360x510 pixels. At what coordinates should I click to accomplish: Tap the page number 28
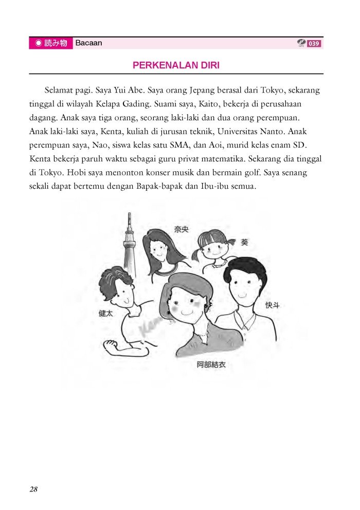tap(33, 489)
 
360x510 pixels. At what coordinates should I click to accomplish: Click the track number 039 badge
tap(314, 44)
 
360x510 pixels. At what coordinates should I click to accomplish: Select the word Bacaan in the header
tap(88, 43)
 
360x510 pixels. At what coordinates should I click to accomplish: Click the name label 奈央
tap(181, 229)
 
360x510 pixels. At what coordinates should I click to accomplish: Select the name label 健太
tap(106, 313)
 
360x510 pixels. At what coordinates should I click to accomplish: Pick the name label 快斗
tap(273, 305)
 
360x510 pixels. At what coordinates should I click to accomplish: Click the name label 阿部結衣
tap(211, 365)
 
